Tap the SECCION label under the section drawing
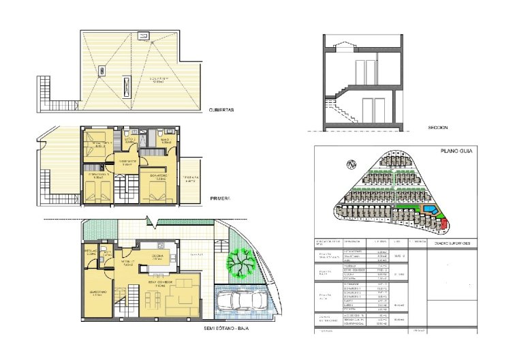438,127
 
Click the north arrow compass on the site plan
352,164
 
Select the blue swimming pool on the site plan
431,208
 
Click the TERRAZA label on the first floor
191,179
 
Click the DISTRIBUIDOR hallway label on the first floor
127,163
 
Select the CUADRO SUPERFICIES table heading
457,243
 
